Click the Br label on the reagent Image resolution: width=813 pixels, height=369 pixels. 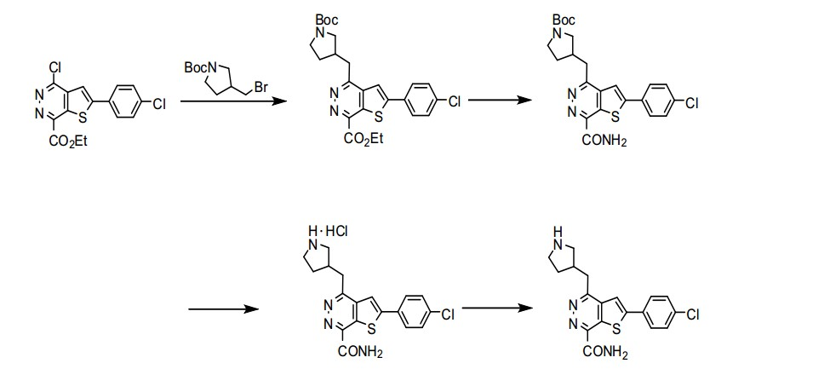[x=261, y=87]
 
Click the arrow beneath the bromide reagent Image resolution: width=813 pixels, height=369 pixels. [x=233, y=101]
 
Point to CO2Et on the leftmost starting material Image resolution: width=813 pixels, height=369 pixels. [x=68, y=141]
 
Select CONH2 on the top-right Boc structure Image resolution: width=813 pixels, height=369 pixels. [x=605, y=141]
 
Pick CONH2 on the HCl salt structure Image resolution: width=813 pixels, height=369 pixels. [x=360, y=352]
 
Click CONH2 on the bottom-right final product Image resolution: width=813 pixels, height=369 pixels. [x=604, y=353]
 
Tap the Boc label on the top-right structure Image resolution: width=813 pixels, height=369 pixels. [x=564, y=20]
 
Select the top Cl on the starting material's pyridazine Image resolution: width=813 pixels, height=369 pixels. [x=55, y=67]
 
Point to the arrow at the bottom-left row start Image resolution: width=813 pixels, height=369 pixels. [x=224, y=309]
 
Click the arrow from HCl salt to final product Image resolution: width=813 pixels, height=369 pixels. [x=497, y=308]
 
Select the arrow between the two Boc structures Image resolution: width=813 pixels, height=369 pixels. [x=500, y=101]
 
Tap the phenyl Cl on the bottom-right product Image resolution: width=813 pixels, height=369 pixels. [x=694, y=314]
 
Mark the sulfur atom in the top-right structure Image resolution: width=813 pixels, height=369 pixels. [x=615, y=117]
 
